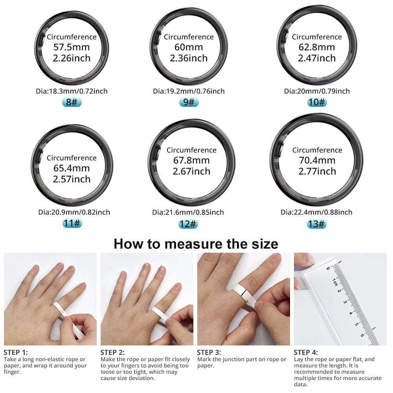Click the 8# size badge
click(x=72, y=102)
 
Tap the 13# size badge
click(x=317, y=224)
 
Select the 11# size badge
click(x=72, y=223)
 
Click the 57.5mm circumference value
click(x=72, y=48)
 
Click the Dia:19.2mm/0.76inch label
click(x=189, y=91)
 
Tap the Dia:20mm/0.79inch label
click(x=317, y=91)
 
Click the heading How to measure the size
click(x=196, y=244)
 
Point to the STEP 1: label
click(x=16, y=353)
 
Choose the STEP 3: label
click(x=209, y=353)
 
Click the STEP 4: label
click(x=306, y=353)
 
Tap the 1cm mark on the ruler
click(x=335, y=282)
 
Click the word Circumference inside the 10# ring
click(x=317, y=37)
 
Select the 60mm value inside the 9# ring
click(x=189, y=48)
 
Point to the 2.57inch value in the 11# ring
click(x=72, y=179)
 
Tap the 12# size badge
click(x=188, y=224)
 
